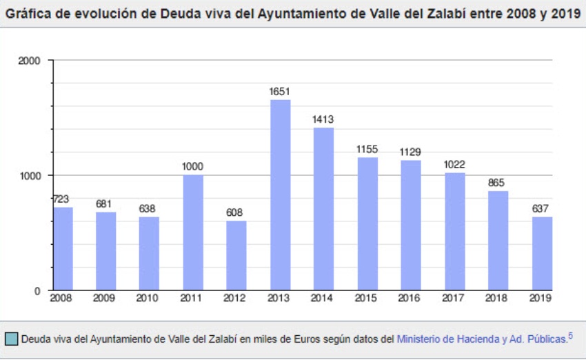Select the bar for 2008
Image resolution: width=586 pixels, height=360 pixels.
(63, 248)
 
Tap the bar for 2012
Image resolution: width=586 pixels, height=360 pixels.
(236, 255)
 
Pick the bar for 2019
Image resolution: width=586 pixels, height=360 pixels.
(542, 253)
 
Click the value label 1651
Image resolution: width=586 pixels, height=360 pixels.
(280, 91)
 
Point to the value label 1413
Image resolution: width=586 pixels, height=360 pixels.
(323, 119)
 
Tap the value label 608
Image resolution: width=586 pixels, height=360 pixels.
(236, 212)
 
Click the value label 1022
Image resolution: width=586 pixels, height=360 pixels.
(454, 164)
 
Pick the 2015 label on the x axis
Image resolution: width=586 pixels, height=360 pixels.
(367, 298)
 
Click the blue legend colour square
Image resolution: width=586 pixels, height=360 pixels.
(11, 339)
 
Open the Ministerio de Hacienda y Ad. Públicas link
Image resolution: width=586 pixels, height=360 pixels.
(481, 339)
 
